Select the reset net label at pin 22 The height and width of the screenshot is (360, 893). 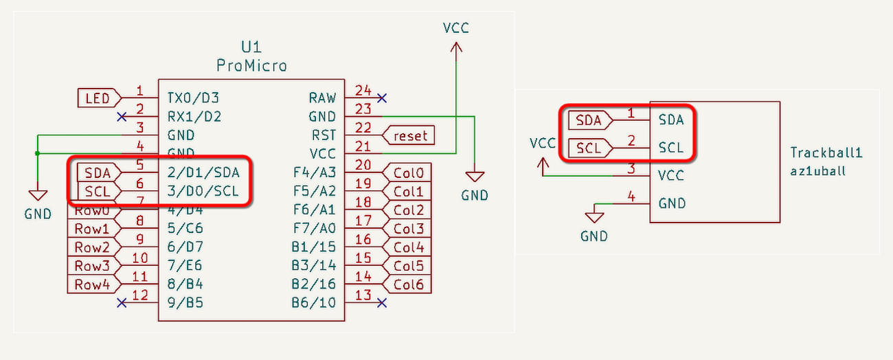point(409,136)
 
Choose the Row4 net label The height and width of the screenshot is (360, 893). point(92,284)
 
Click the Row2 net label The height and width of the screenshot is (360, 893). point(92,247)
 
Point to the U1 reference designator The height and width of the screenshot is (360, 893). point(251,47)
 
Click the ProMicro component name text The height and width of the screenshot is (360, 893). point(251,66)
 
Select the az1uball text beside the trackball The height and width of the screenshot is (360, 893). point(818,170)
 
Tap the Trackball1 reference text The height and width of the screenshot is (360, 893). point(826,153)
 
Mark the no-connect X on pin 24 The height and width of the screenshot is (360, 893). point(382,98)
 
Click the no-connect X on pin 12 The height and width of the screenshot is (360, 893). point(122,302)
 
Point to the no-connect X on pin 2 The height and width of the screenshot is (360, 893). point(122,116)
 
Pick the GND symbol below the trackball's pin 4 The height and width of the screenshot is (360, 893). point(594,218)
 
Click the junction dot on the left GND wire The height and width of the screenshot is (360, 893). point(37,153)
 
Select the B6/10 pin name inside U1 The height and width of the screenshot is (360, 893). point(313,302)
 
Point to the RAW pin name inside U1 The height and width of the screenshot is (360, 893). point(322,98)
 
